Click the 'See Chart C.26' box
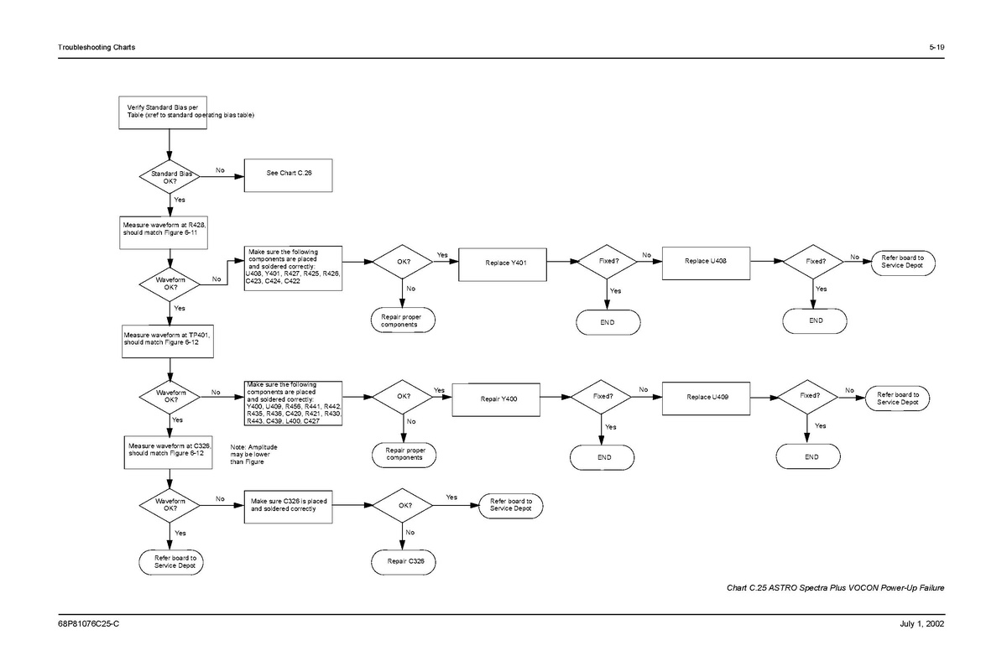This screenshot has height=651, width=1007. click(x=284, y=174)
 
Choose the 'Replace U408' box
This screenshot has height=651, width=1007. click(x=706, y=261)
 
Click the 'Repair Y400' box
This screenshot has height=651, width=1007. click(x=498, y=398)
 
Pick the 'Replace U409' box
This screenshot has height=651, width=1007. click(x=707, y=396)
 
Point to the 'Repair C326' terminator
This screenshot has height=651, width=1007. click(x=404, y=560)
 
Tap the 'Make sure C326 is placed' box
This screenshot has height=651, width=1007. click(x=294, y=505)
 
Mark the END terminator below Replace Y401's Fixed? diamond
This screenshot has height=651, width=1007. click(x=608, y=322)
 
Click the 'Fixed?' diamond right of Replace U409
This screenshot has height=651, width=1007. click(x=810, y=396)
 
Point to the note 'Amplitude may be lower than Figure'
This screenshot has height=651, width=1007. click(x=253, y=456)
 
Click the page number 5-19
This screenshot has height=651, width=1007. click(x=937, y=47)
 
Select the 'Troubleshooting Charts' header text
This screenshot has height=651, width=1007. click(x=96, y=47)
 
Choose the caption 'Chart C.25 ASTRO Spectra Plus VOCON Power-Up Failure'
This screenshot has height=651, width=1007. click(x=835, y=587)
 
